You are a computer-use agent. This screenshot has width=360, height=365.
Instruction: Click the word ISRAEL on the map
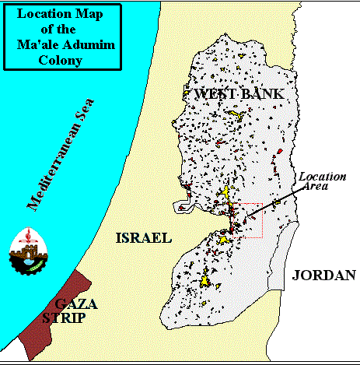coord(142,237)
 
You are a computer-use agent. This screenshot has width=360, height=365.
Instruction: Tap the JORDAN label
coord(323,275)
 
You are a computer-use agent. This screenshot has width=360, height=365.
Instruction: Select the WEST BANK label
coord(239,94)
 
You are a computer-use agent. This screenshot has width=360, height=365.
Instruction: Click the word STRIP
coord(65,318)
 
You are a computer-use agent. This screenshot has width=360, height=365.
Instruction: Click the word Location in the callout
coord(323,176)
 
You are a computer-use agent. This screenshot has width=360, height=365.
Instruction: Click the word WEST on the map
coord(215,94)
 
